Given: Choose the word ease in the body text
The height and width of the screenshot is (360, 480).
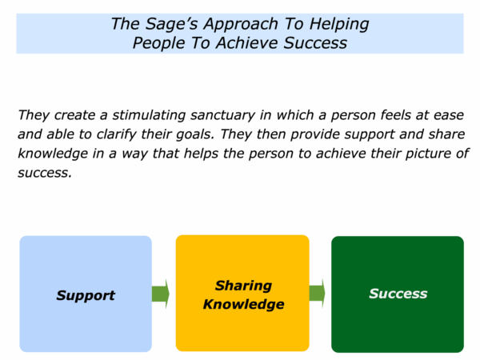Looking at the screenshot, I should tap(451, 114).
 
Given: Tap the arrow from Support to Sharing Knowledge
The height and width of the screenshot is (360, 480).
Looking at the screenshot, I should tap(160, 294).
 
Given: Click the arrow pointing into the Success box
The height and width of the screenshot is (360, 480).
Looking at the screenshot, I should tap(317, 294).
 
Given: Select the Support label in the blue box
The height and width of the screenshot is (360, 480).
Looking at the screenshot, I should tap(86, 295).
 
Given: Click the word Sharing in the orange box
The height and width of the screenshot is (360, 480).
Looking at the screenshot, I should tap(243, 285).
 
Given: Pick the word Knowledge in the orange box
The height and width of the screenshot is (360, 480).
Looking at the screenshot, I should tap(243, 304).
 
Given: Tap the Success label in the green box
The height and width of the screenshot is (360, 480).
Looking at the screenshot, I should tap(398, 294).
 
